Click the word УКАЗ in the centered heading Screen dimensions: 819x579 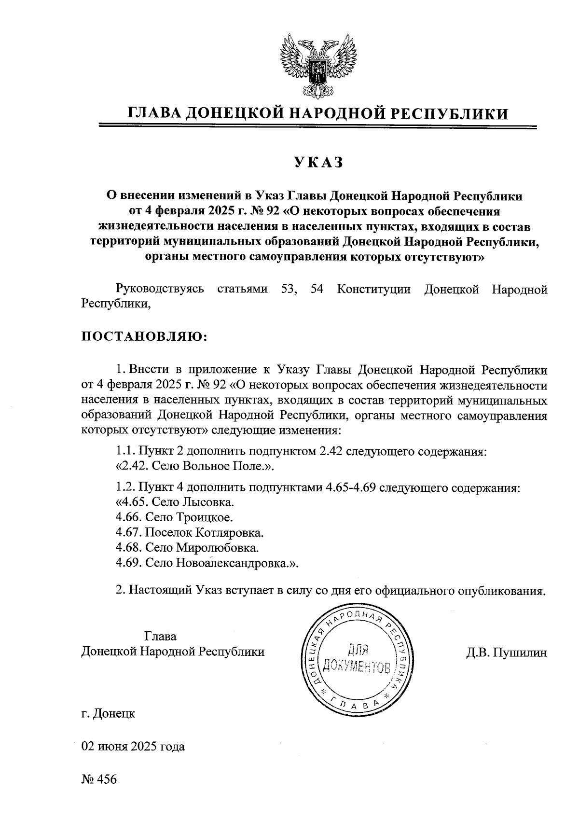click(317, 163)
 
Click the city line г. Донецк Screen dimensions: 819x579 click(108, 713)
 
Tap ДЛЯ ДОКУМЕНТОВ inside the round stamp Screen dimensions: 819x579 click(358, 659)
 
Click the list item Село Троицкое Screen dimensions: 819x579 click(189, 517)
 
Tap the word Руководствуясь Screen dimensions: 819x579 click(159, 290)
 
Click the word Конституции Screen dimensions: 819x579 click(373, 290)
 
